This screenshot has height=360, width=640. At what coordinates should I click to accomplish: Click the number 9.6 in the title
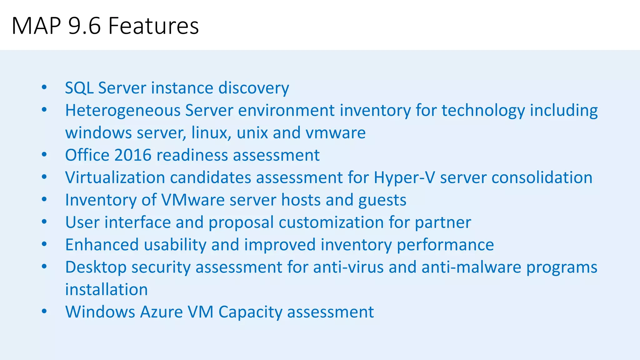tap(84, 26)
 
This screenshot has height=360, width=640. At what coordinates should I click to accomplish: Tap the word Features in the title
tap(153, 26)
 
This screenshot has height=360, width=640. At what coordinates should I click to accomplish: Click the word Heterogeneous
tap(123, 111)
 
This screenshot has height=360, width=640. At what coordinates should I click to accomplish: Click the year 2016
tap(133, 155)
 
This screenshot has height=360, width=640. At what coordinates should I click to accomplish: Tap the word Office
tap(87, 155)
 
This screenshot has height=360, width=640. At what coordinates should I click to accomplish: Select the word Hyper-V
tap(404, 178)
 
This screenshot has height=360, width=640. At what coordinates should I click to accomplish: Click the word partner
tap(443, 223)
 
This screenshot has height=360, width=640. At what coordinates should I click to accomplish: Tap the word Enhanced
tap(102, 245)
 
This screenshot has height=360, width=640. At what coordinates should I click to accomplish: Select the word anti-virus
tap(348, 267)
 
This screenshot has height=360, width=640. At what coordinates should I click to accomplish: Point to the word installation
tap(106, 290)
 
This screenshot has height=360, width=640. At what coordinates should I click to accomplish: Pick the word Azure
tap(161, 312)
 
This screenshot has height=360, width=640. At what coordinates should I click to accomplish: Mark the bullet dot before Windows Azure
tap(44, 312)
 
